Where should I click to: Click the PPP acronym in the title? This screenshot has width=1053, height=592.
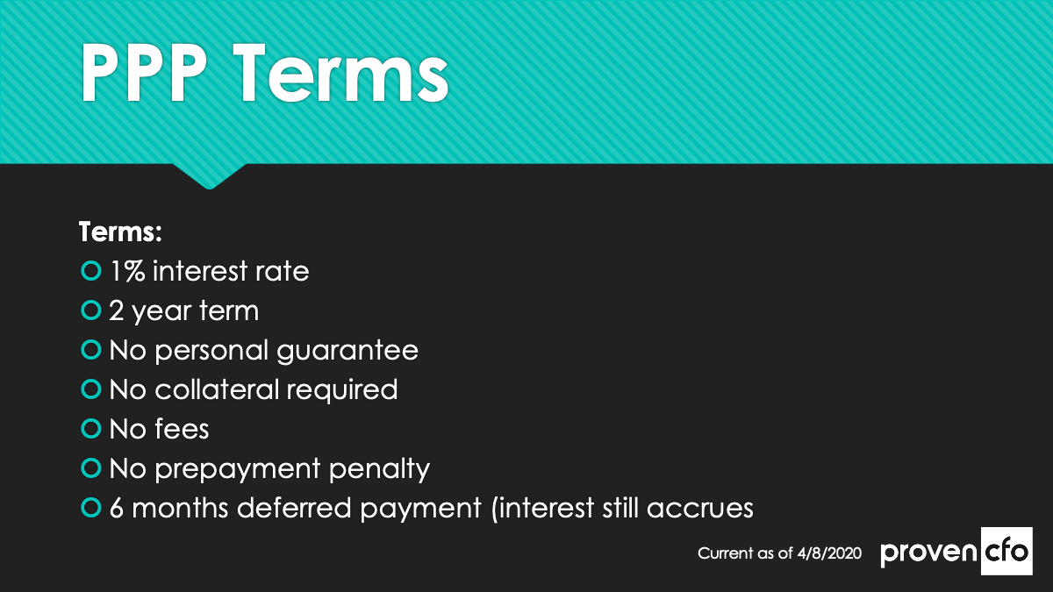(x=144, y=74)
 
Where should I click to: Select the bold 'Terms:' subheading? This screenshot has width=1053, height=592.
(x=120, y=232)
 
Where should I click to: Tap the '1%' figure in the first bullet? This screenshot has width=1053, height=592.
(x=127, y=271)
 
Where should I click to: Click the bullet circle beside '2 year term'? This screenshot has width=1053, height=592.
(x=91, y=310)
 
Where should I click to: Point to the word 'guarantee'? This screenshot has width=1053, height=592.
(x=347, y=352)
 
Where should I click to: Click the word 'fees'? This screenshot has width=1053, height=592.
(x=182, y=429)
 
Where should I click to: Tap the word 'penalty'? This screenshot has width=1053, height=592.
(x=379, y=470)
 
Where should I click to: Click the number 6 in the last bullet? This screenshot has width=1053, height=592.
(x=117, y=509)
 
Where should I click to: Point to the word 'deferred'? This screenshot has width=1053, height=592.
(x=294, y=508)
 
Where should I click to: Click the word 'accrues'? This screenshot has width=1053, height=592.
(x=700, y=510)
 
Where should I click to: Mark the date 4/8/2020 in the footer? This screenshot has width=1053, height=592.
(x=829, y=553)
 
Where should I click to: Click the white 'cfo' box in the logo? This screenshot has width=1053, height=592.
(x=1006, y=551)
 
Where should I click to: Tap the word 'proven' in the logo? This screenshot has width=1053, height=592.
(x=929, y=553)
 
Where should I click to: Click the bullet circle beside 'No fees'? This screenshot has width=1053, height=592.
(x=91, y=429)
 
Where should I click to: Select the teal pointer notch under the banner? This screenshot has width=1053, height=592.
(x=210, y=176)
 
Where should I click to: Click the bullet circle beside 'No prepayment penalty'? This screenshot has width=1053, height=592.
(x=91, y=468)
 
